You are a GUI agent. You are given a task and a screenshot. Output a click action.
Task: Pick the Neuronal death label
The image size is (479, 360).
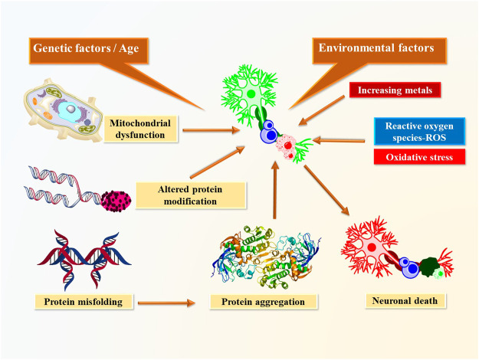[x=398, y=301]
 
